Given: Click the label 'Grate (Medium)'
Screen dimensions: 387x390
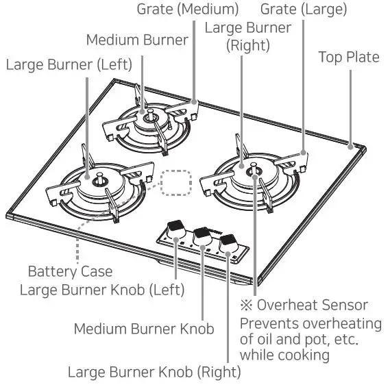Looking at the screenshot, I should (x=187, y=10).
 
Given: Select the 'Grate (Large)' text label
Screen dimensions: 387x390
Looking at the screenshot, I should (x=304, y=10).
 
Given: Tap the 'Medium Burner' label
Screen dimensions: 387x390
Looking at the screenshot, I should (x=137, y=40).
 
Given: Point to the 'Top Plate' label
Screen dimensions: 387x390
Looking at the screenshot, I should (x=348, y=57).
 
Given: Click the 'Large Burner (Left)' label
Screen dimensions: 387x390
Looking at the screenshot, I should (x=71, y=66).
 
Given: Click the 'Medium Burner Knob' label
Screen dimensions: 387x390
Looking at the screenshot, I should (x=144, y=328).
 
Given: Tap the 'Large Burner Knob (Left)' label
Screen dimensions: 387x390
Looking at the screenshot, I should (x=102, y=289).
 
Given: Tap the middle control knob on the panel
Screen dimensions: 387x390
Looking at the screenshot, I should (x=202, y=234).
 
